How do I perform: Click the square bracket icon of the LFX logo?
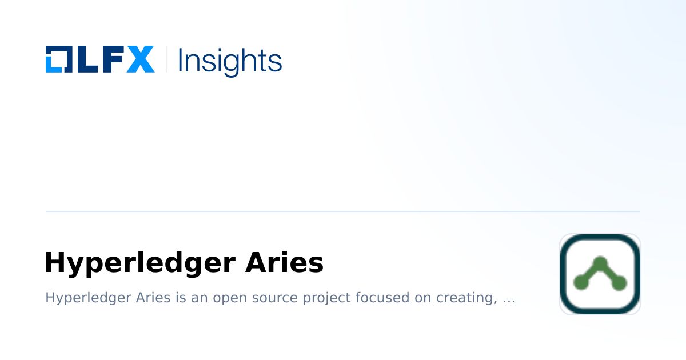click(59, 59)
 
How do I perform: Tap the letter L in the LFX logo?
click(85, 59)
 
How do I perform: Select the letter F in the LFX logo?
click(111, 59)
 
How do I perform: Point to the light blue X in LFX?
click(140, 59)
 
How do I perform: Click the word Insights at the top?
click(230, 61)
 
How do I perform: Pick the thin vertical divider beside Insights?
click(166, 59)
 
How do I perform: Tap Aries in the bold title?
click(284, 263)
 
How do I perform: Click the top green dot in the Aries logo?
click(600, 263)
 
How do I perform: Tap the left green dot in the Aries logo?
click(580, 282)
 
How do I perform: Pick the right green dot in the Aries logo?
click(619, 282)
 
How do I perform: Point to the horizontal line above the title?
click(343, 211)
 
